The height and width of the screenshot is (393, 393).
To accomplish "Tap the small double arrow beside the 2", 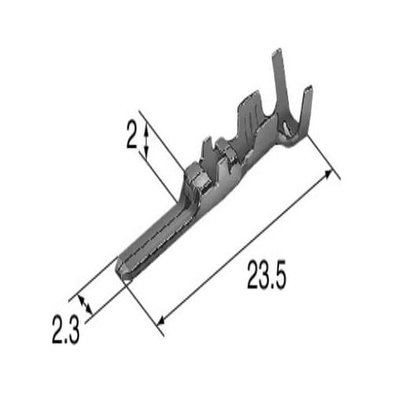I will point(146,141).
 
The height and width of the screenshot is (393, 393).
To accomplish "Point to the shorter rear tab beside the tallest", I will point(305,110).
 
